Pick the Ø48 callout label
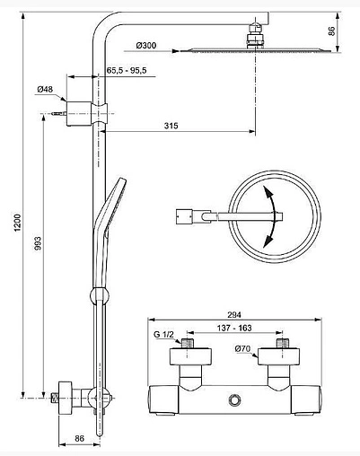coord(46,88)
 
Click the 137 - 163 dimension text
coord(231,329)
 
